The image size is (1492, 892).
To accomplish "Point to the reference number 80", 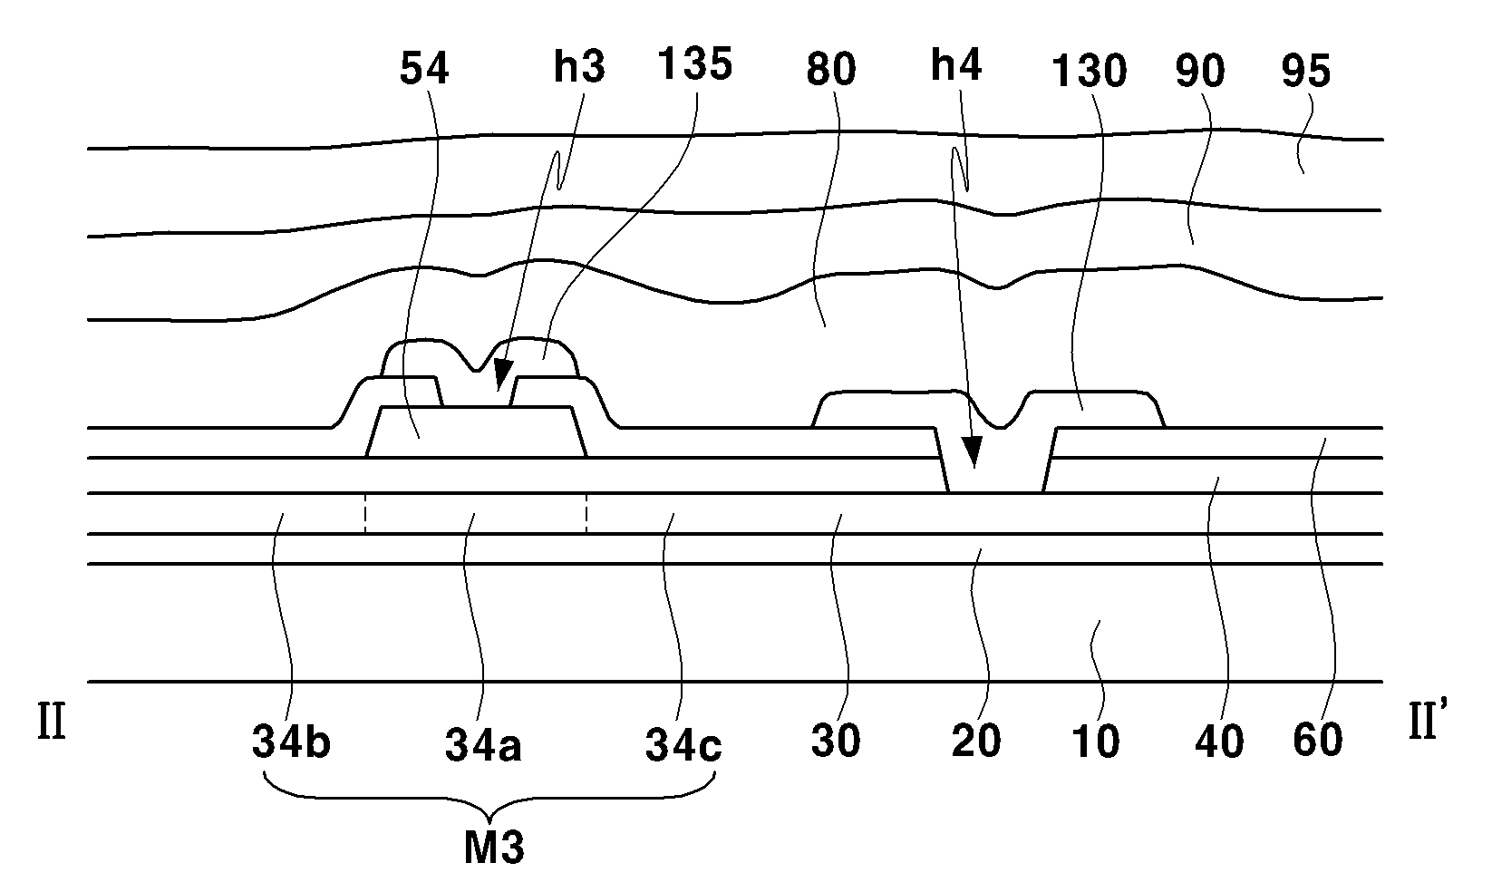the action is pos(830,70).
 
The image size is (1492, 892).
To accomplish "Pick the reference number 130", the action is pos(1088,70).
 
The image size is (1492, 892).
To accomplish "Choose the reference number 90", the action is pos(1200,70).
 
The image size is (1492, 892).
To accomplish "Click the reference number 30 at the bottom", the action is pos(835,742).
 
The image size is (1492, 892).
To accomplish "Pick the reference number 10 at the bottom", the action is pos(1095,742).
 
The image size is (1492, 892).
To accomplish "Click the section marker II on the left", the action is pos(52,726).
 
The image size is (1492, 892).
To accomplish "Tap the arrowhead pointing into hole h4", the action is pos(972,453).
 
